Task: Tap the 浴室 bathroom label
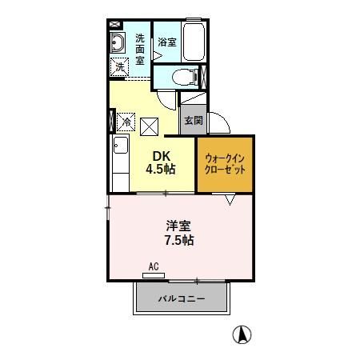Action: [x=166, y=42]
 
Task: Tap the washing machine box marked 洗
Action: [x=119, y=68]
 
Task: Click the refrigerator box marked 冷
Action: [x=126, y=122]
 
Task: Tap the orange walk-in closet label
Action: [x=225, y=164]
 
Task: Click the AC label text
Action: [x=154, y=267]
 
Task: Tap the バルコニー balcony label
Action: [x=182, y=299]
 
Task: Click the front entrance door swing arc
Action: [x=222, y=124]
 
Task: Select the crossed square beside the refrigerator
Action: [x=149, y=123]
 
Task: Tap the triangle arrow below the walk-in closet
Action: [x=229, y=200]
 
